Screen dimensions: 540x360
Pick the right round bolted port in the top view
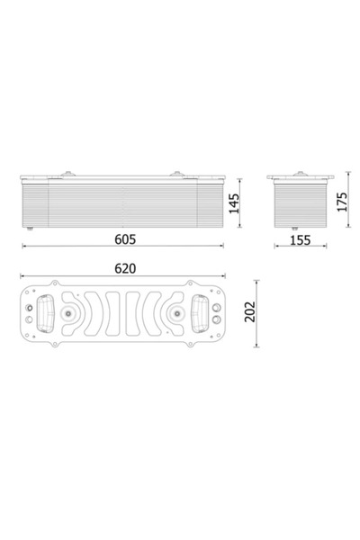177,313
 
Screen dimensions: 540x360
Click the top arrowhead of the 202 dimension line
260,282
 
